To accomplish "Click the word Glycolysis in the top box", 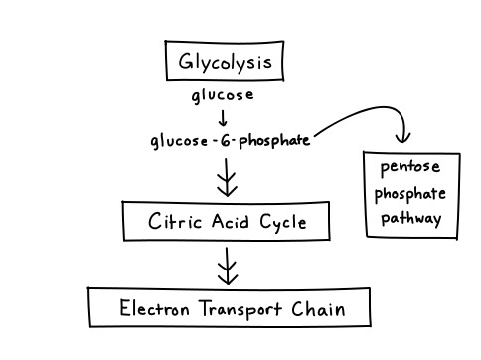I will [225, 63].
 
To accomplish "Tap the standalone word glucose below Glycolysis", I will [223, 95].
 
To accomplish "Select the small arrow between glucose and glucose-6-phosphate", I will [223, 117].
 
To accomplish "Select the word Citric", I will [176, 221].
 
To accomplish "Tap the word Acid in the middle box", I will [233, 221].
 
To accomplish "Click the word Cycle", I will [284, 222].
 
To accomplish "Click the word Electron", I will [154, 308].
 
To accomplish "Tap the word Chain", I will [318, 308].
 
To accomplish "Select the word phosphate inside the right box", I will [411, 193].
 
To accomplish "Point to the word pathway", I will [411, 218].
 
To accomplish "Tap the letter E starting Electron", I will [125, 308].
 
